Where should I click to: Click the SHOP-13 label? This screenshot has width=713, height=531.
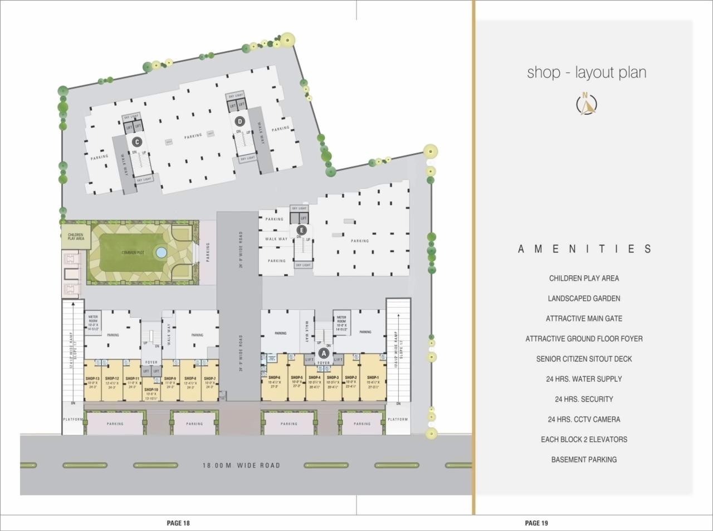coord(92,378)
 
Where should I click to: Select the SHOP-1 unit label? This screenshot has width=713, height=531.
coord(373,377)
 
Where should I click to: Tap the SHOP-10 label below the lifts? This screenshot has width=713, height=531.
coord(152,389)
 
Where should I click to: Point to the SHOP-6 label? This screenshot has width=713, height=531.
coord(274,377)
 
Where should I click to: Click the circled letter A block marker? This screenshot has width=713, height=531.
coord(324,353)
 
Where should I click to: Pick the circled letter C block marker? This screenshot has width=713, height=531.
coord(136,142)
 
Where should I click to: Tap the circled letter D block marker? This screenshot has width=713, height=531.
coord(240,121)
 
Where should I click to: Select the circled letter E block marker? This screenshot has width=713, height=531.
coord(302,230)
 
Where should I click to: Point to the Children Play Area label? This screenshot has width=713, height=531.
coord(76,237)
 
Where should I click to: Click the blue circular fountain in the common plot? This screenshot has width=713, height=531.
coord(161,252)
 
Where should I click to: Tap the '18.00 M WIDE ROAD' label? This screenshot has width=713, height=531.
coord(241,465)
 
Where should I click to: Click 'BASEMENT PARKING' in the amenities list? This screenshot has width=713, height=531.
coord(584,460)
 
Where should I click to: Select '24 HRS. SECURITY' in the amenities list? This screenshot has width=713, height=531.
coord(584,399)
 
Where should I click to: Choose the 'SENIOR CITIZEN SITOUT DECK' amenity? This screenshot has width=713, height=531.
coord(584,359)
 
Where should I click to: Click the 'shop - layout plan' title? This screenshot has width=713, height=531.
coord(587,72)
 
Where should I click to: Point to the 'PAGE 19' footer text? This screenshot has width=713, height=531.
coord(536,523)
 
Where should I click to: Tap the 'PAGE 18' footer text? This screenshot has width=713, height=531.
coord(178,523)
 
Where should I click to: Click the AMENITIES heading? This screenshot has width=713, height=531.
coord(584,249)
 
